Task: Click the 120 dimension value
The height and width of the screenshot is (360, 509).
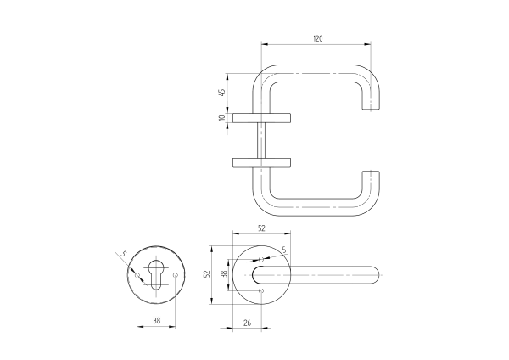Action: tap(317, 39)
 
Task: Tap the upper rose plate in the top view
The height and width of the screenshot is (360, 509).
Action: tap(263, 117)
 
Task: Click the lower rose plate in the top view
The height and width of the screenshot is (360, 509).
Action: tap(263, 161)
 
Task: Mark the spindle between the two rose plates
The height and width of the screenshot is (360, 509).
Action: tap(263, 139)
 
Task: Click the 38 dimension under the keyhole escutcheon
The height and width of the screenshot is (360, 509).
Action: tap(157, 321)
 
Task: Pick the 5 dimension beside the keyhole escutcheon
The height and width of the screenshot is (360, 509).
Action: tap(123, 253)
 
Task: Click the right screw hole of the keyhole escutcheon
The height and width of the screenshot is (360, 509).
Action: tap(176, 276)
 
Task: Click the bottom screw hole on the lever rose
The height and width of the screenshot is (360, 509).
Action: tap(261, 291)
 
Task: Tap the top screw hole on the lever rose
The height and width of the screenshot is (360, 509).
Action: tap(261, 259)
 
